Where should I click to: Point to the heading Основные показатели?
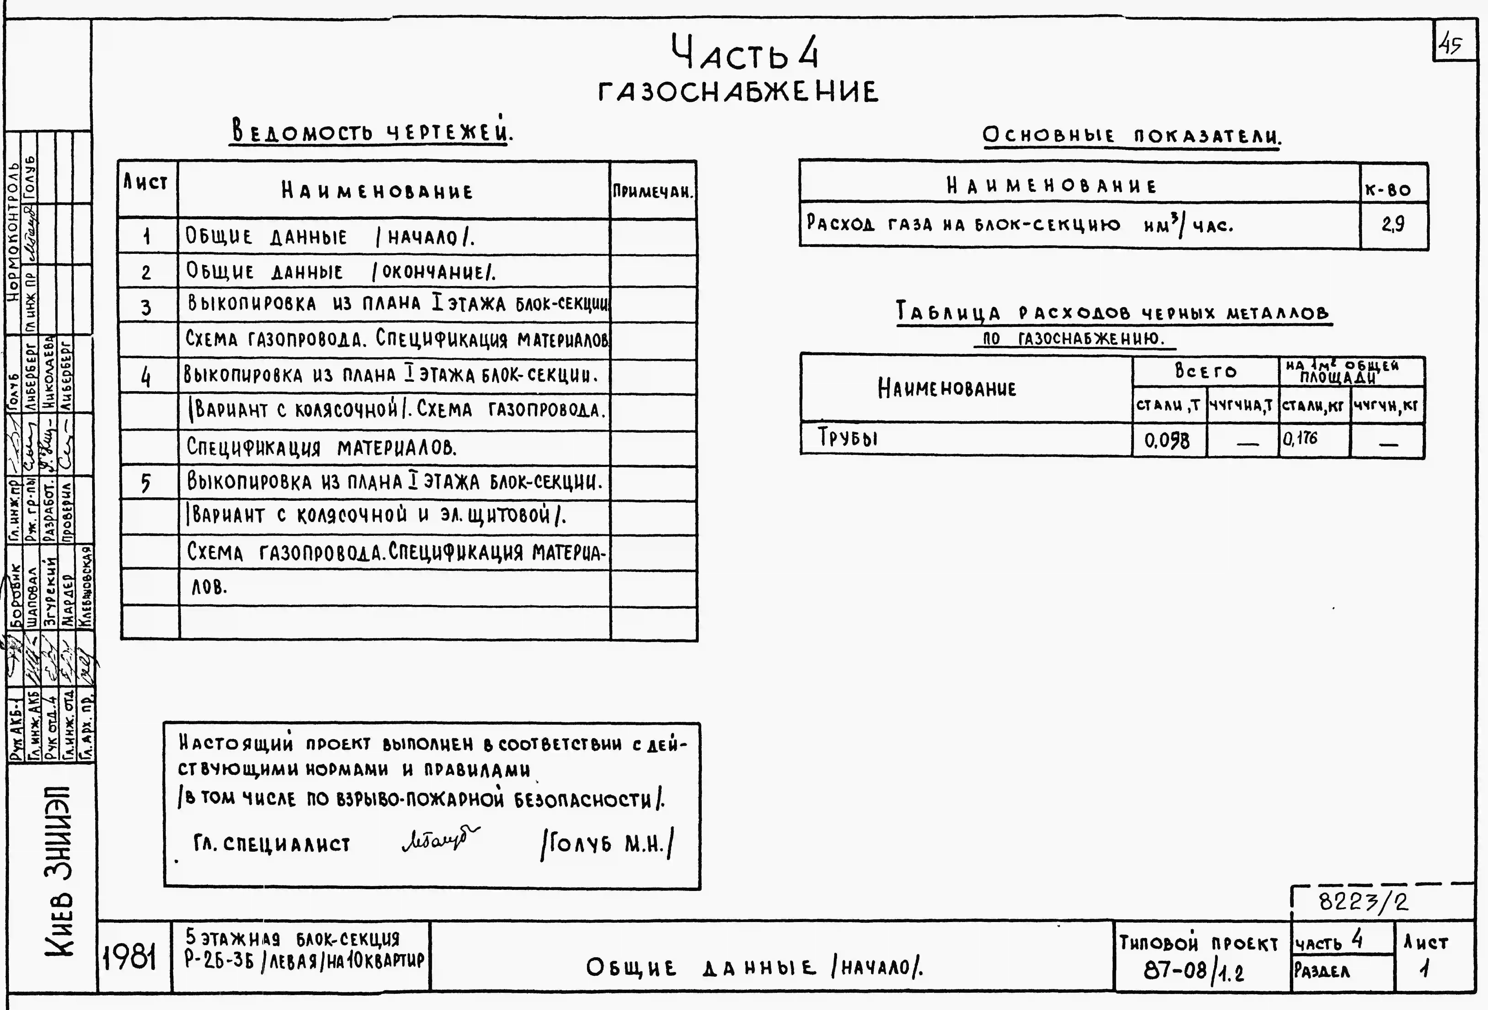coord(1131,136)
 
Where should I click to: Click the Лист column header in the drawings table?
coord(146,184)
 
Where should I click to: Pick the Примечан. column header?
coord(652,191)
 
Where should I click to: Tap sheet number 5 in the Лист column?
coord(146,482)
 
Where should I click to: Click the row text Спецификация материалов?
coord(321,447)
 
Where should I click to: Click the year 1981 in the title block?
coord(130,958)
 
